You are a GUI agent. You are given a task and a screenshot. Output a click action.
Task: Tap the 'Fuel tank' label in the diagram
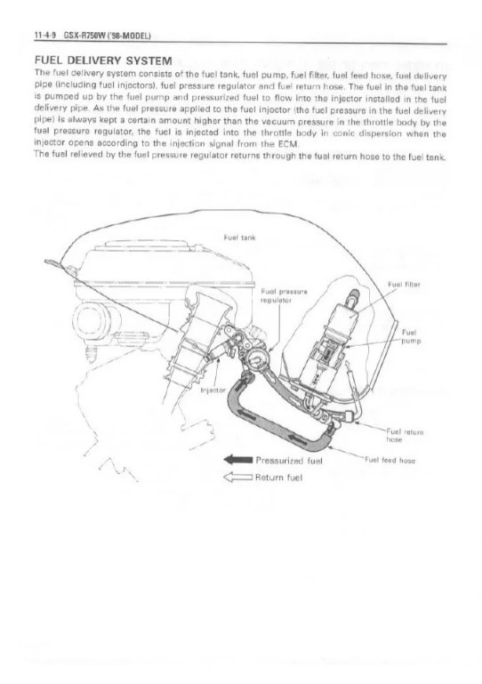pos(237,237)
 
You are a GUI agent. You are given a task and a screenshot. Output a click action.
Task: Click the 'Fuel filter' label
pos(404,286)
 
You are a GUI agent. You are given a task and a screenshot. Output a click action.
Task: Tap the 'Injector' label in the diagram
pos(213,389)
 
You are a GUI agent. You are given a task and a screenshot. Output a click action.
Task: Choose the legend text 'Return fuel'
pos(282,478)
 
